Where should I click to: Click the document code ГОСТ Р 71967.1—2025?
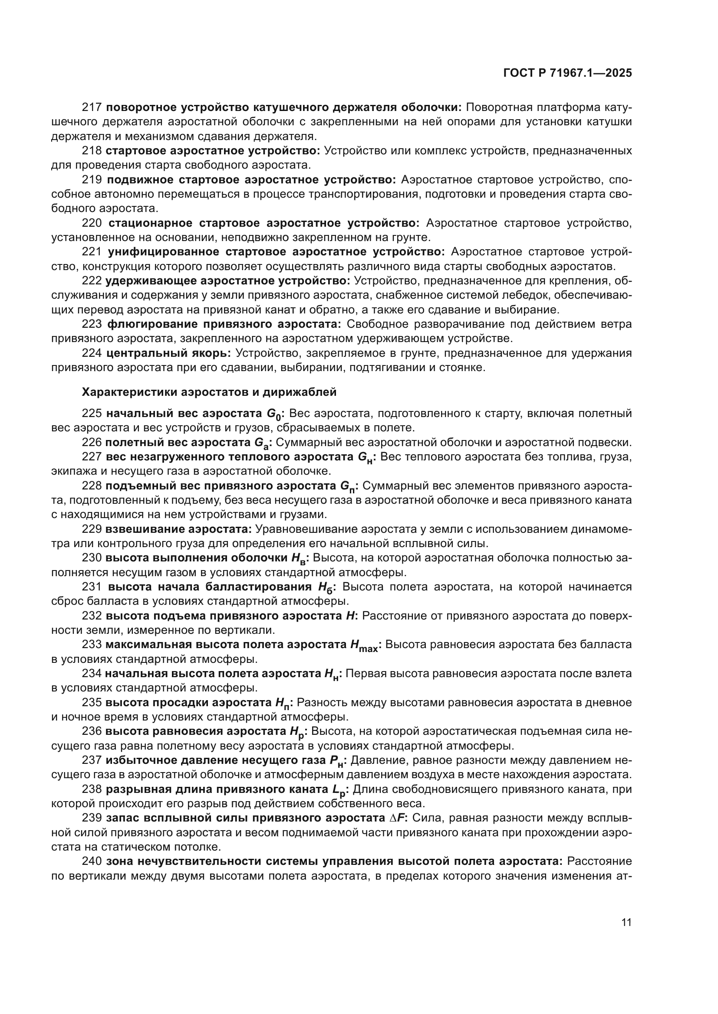[x=567, y=73]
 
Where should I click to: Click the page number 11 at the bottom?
[x=626, y=923]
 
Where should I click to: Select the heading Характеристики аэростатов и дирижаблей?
[x=209, y=392]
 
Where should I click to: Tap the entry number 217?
[x=92, y=108]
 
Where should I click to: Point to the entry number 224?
[x=92, y=353]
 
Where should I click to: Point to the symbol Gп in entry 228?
[x=347, y=487]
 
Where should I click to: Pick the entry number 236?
[x=92, y=731]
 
